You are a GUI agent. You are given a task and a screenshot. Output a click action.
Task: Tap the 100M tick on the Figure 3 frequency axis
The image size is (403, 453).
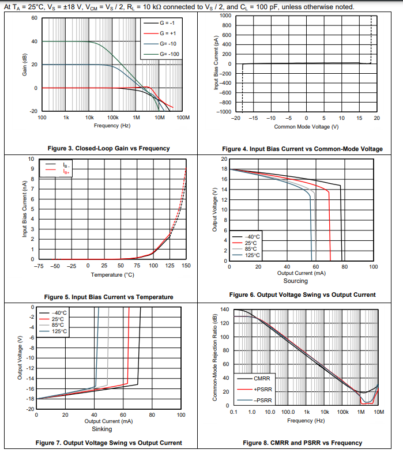tap(183, 117)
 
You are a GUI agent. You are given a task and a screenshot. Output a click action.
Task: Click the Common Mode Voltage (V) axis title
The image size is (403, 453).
tap(306, 127)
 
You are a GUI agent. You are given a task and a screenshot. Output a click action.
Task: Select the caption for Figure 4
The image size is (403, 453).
tap(302, 149)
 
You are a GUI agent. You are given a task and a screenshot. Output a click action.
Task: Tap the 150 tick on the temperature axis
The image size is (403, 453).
tap(186, 266)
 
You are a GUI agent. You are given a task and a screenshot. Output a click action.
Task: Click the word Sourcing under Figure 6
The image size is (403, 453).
tap(296, 281)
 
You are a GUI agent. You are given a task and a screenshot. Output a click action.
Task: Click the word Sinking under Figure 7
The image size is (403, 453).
tap(102, 429)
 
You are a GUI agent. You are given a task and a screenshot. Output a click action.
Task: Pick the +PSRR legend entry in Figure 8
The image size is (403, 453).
tap(263, 390)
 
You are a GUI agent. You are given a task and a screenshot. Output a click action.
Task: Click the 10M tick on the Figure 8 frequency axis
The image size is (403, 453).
tap(379, 413)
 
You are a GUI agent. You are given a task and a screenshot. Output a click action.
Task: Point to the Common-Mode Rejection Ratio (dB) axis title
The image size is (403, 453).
tap(214, 357)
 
